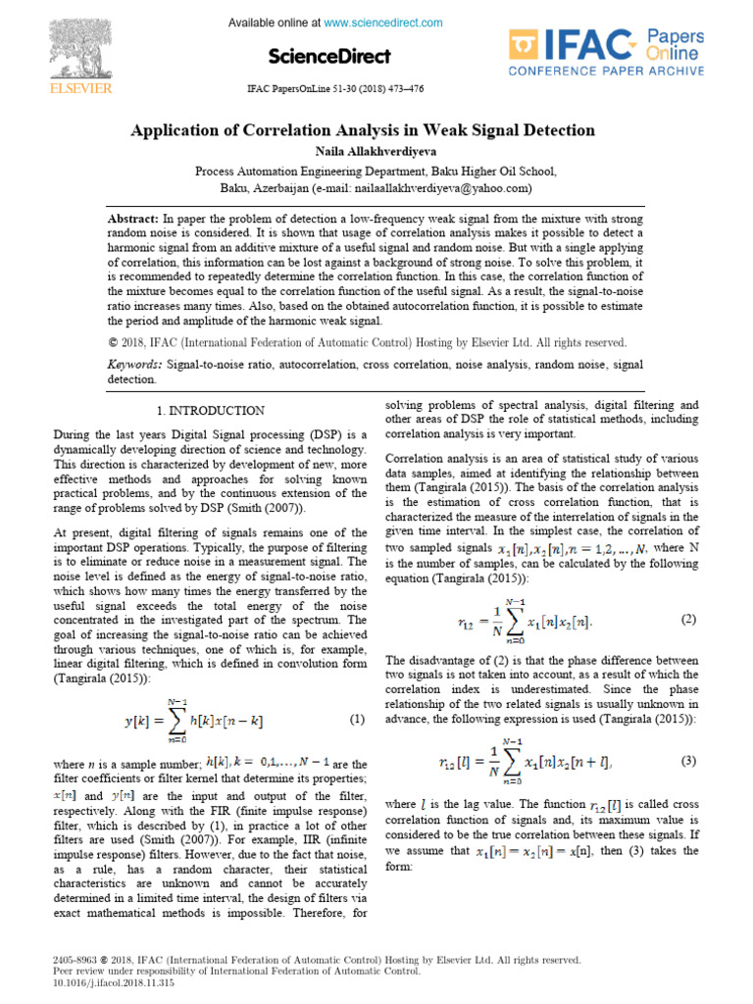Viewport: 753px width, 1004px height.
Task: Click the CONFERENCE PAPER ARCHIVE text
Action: [605, 71]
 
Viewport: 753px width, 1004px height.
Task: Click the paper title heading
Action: [363, 130]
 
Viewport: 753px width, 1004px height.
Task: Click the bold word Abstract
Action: [132, 218]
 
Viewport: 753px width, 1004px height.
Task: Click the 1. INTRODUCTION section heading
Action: [210, 411]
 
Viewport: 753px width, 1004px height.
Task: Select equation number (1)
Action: [357, 720]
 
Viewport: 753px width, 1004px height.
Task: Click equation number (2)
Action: [687, 620]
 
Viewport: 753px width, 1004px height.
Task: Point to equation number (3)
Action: [687, 760]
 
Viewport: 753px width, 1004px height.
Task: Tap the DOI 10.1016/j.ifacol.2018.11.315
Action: [101, 982]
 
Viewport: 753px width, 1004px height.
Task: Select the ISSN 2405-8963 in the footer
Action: [75, 960]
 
